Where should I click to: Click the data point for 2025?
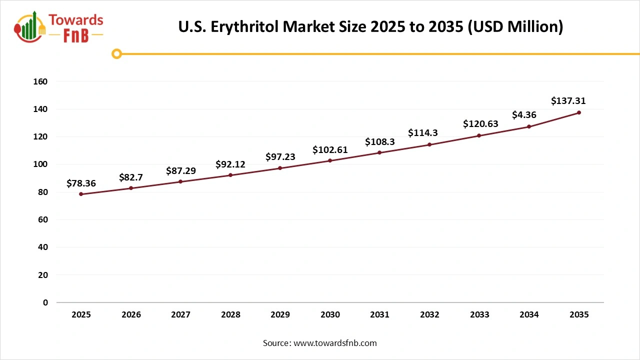81,194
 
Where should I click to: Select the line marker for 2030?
330,160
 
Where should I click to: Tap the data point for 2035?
579,112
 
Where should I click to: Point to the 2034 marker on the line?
529,126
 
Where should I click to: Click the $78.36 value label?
81,183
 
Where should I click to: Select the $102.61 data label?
330,149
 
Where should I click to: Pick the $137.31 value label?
568,101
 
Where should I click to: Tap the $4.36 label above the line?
524,115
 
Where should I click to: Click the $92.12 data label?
230,164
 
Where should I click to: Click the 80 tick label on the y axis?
43,192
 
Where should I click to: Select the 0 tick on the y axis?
45,302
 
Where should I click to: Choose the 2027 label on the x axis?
180,315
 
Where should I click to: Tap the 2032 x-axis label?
429,315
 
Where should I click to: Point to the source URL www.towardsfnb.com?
334,343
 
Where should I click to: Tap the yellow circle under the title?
116,53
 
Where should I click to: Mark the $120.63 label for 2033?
480,123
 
